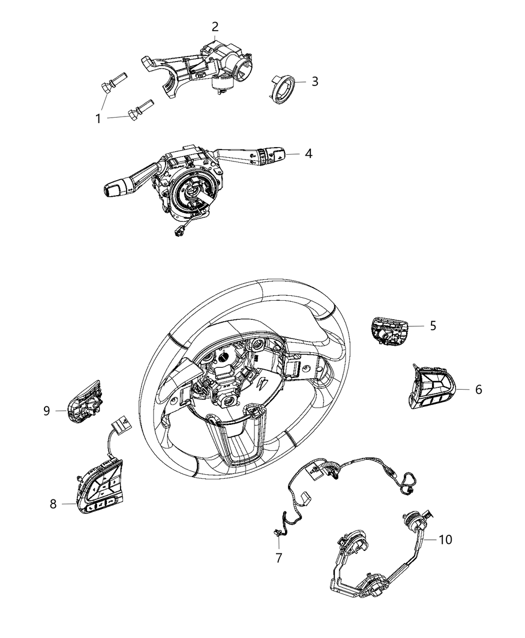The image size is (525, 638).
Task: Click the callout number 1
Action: (x=98, y=119)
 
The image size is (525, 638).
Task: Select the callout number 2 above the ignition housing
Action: (x=215, y=27)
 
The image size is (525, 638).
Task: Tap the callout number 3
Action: (x=314, y=81)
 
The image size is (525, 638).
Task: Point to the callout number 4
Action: (x=308, y=154)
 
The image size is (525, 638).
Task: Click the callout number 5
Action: (x=432, y=326)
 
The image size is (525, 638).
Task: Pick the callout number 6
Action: (x=478, y=389)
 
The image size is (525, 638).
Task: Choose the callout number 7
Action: (x=279, y=557)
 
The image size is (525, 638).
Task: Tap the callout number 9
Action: (x=46, y=411)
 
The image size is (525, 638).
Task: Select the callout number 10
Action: (x=445, y=539)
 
